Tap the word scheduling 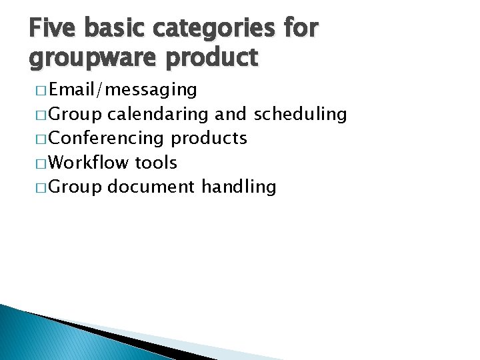point(301,115)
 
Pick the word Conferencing point(107,139)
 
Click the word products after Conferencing point(209,139)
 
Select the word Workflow point(89,163)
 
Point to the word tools point(156,163)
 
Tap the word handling point(238,187)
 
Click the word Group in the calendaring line point(75,115)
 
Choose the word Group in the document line point(75,187)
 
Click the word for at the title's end point(301,29)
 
